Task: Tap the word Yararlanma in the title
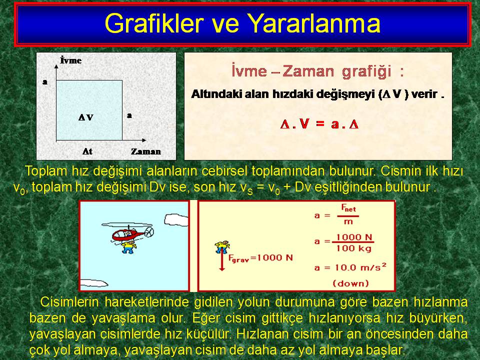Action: [313, 23]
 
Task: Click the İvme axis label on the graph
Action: [70, 60]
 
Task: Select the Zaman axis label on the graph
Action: [145, 151]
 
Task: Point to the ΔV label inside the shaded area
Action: [85, 117]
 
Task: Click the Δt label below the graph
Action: [87, 151]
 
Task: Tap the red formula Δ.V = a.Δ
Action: [319, 124]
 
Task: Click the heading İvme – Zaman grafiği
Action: [318, 71]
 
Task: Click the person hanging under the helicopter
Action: [128, 246]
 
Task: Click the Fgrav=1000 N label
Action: [260, 258]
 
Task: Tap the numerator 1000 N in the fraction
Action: [354, 237]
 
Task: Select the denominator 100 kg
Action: [354, 248]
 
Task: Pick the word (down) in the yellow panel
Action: [350, 283]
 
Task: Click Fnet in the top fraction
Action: [348, 208]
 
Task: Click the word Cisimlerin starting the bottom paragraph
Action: [69, 302]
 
